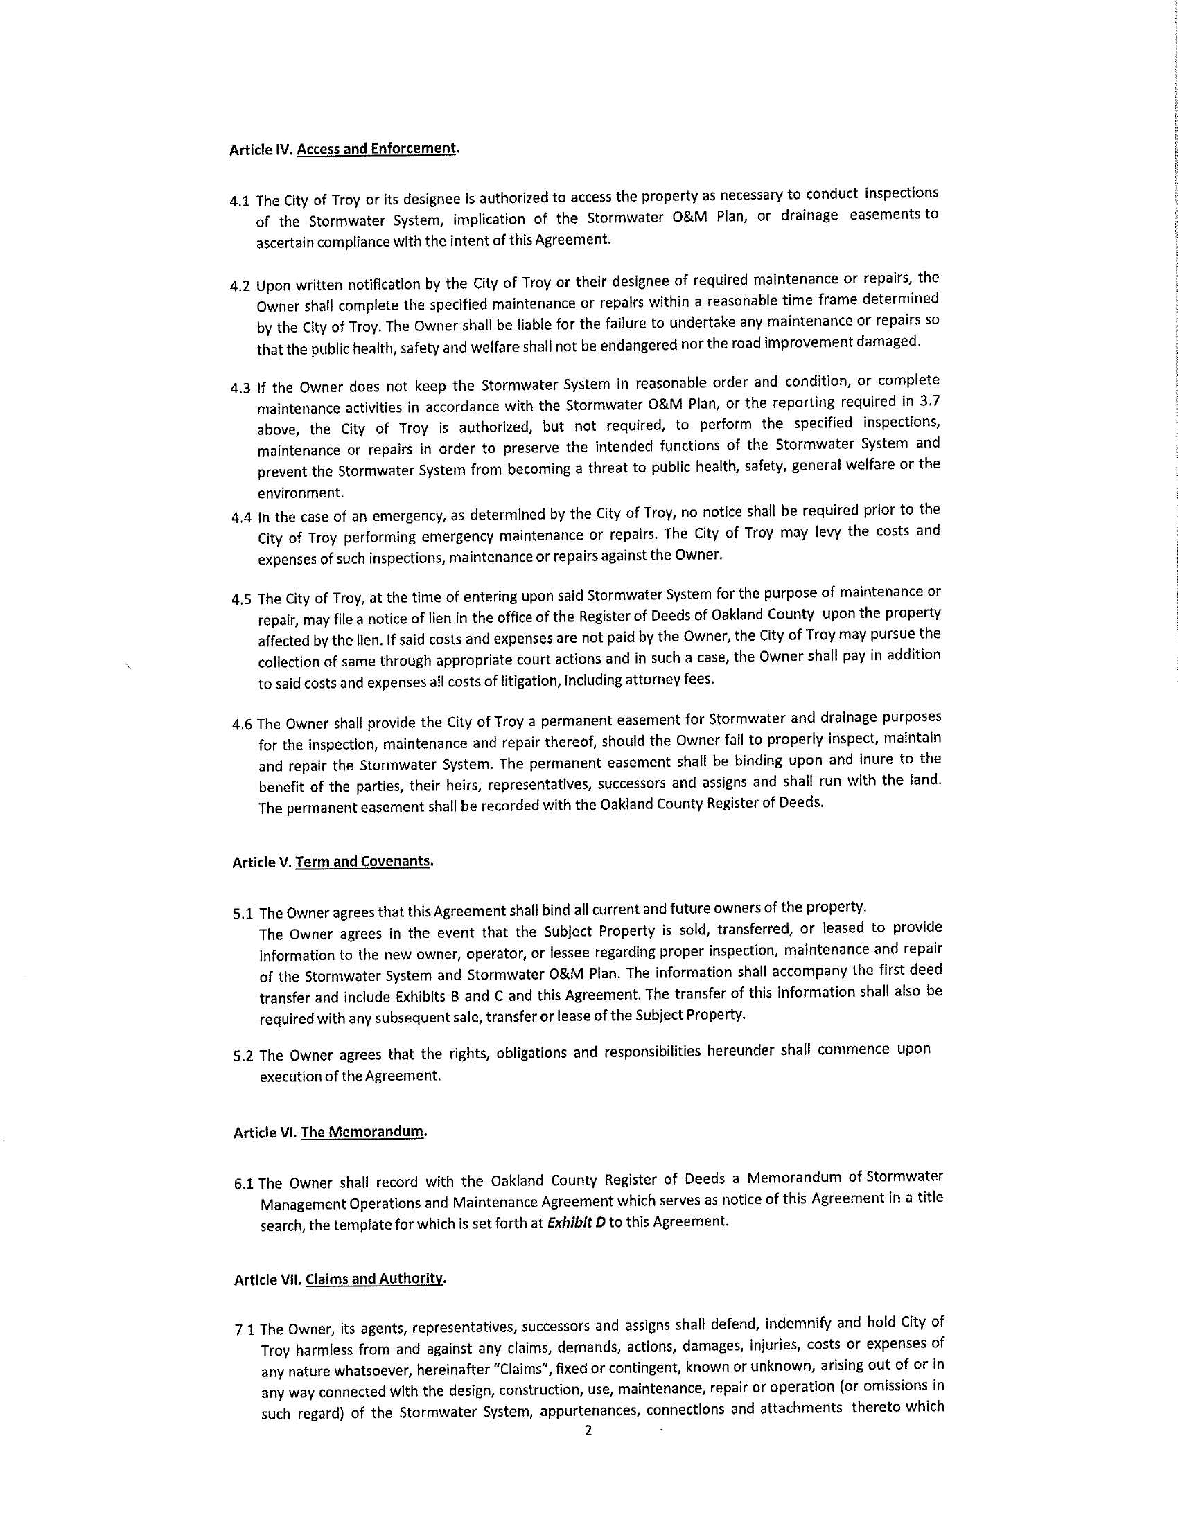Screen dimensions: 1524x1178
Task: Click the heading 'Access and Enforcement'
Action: point(377,149)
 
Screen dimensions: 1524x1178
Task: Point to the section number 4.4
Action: point(240,517)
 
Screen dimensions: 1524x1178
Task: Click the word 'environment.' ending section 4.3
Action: point(300,493)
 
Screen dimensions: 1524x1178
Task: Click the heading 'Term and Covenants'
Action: point(362,861)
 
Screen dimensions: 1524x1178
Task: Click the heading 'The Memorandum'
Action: point(362,1132)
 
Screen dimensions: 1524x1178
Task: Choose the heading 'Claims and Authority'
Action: point(373,1279)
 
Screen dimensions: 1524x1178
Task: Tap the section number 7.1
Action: point(247,1329)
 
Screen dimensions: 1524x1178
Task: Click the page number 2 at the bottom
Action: point(588,1430)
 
